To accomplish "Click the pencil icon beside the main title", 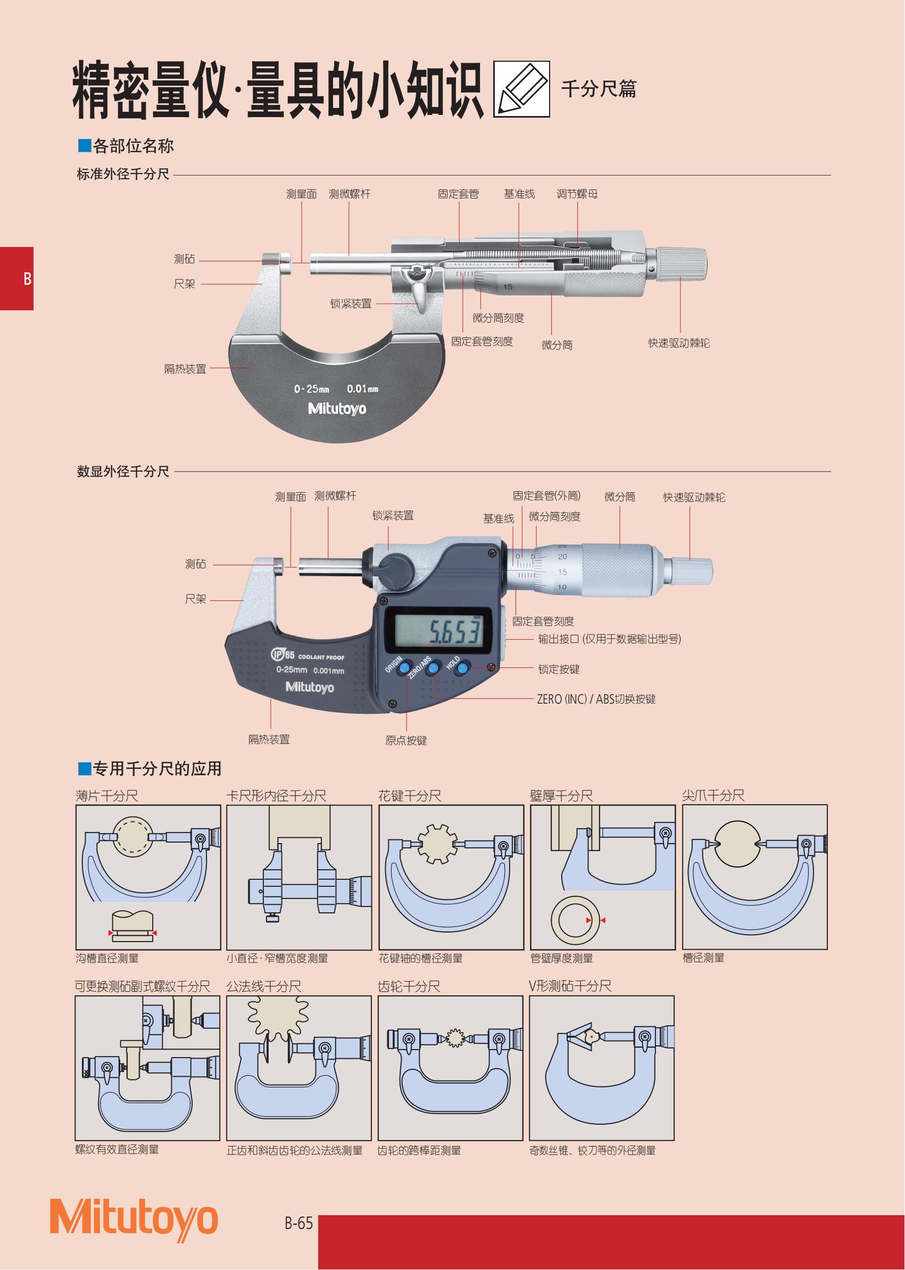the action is point(521,89).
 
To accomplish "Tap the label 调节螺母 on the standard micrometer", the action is point(577,193).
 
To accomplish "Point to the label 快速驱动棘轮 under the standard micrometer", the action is point(679,343).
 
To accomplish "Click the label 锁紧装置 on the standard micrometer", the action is point(351,303).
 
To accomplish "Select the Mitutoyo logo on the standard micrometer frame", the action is point(337,408).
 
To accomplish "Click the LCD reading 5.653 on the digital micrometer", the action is point(454,631).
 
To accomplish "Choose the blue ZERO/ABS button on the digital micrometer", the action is point(433,667).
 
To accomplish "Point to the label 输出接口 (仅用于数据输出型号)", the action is point(609,639).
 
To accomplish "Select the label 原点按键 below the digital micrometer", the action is point(406,740).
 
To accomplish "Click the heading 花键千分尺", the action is point(410,796).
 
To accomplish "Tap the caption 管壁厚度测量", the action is point(562,958).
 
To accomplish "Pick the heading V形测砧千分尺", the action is point(570,986).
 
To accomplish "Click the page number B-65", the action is point(298,1223).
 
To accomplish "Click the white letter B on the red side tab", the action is point(27,279).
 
